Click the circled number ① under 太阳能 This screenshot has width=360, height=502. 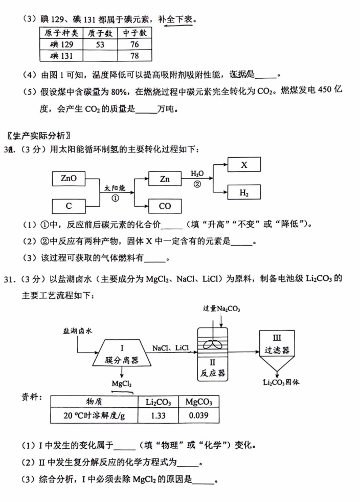115,198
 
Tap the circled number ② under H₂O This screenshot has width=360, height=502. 197,184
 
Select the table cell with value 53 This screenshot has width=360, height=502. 100,44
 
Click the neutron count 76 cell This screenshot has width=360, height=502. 134,44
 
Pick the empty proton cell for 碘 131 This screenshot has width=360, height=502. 100,56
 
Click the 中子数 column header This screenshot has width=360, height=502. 134,33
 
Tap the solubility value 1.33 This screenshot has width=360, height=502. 158,416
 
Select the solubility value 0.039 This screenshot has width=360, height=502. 198,416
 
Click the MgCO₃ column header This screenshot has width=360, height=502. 198,402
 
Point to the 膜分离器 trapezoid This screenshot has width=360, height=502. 122,353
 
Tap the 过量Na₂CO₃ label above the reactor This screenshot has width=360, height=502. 221,309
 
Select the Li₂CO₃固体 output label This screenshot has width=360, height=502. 281,382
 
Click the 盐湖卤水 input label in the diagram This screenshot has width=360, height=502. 77,331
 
